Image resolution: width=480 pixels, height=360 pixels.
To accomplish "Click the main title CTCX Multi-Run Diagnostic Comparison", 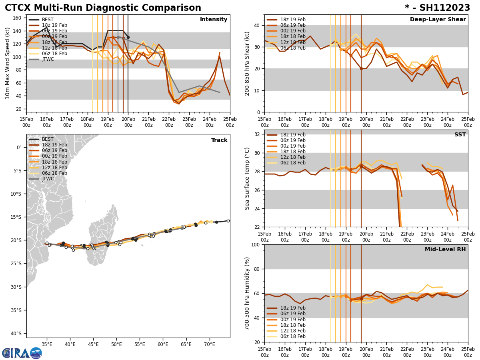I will [x=103, y=8].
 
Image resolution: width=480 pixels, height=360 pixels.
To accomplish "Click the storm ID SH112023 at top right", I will [x=437, y=8].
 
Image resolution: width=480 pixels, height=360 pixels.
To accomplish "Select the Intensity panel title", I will [x=214, y=20].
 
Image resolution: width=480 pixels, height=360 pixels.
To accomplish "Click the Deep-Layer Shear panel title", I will [x=438, y=20].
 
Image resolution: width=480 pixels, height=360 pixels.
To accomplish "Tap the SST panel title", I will [x=460, y=135].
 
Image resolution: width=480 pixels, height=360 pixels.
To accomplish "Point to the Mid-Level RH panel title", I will [x=445, y=250].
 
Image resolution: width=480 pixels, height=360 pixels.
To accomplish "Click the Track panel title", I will [x=219, y=140].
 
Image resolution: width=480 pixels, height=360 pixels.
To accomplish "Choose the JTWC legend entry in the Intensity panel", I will [x=48, y=59].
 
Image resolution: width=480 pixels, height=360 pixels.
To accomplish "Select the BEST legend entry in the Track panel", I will [x=48, y=139].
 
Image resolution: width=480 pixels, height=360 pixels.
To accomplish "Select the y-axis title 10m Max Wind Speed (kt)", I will [x=7, y=63].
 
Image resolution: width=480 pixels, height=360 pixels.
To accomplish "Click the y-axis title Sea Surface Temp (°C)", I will [x=247, y=178].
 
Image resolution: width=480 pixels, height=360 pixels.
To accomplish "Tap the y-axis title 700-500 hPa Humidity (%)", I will [x=247, y=293].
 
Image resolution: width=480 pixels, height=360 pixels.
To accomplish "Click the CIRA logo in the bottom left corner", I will [x=22, y=353].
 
